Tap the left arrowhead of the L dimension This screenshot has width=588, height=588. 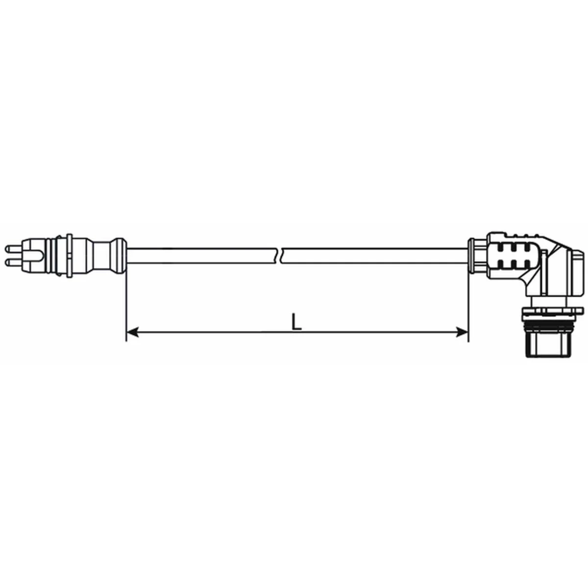tap(131, 333)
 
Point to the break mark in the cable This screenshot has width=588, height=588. tap(280, 255)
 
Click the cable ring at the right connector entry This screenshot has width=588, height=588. tap(472, 255)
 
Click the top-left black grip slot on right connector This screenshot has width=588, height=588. tap(501, 247)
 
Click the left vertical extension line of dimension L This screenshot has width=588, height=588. tap(126, 304)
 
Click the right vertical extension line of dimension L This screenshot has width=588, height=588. tap(468, 304)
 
